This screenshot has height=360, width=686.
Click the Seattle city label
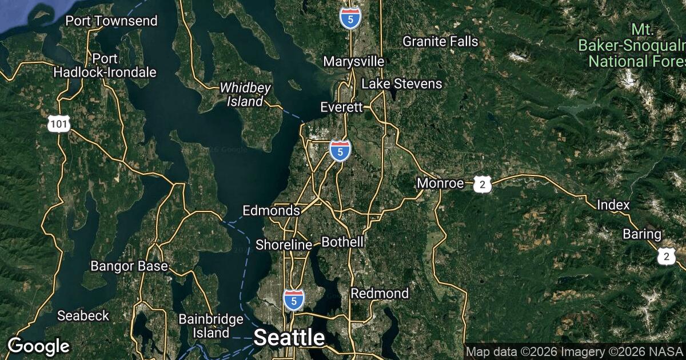tap(289, 337)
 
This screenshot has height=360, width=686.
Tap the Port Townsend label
tap(111, 21)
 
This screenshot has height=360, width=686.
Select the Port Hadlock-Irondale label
tap(105, 65)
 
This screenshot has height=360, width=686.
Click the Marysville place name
tap(353, 61)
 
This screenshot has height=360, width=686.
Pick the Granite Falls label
tap(440, 41)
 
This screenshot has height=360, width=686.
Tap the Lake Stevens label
tap(402, 84)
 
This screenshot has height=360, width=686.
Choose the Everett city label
tap(342, 107)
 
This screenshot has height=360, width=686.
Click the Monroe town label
tap(440, 183)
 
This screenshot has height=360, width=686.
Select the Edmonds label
tap(271, 210)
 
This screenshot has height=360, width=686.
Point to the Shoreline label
tap(284, 245)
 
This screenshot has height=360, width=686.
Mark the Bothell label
tap(342, 242)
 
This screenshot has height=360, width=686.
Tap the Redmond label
tap(380, 293)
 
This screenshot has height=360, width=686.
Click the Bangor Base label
tap(129, 266)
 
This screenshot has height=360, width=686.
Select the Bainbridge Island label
tap(211, 326)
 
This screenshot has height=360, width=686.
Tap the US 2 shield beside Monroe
tap(483, 184)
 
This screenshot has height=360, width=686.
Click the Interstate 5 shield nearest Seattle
tap(293, 299)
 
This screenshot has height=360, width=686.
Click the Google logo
tap(39, 346)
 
